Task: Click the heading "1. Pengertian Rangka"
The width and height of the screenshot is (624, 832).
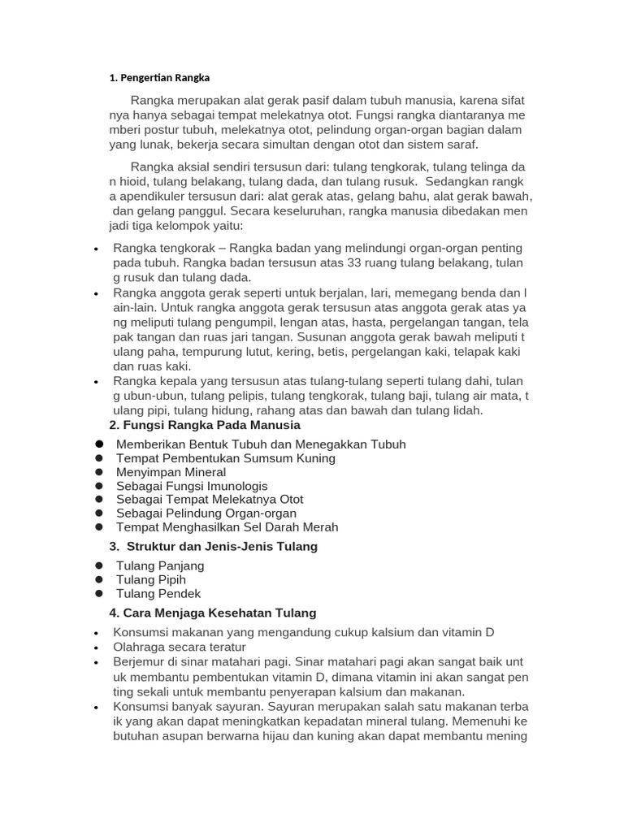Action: (x=159, y=78)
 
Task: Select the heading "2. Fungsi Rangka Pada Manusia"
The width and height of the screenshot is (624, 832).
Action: (x=205, y=425)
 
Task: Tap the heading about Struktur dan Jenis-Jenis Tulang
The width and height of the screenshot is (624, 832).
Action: (x=213, y=546)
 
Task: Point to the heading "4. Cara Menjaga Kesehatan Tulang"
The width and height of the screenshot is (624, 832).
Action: (x=212, y=613)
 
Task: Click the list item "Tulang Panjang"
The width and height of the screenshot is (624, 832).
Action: (x=160, y=565)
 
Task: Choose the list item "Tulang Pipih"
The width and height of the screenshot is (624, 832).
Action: (x=151, y=579)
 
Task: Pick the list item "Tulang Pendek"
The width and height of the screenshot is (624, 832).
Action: (x=158, y=593)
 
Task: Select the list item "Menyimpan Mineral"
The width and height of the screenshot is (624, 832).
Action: (x=171, y=472)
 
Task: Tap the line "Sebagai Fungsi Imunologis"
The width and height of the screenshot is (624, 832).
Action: (x=192, y=486)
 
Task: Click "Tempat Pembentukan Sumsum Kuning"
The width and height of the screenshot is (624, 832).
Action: (x=225, y=458)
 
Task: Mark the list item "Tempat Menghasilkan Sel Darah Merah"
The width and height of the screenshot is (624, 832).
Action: (x=227, y=526)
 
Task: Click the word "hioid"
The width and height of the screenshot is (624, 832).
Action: (x=135, y=182)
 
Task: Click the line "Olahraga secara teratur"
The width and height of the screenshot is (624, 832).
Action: (x=179, y=647)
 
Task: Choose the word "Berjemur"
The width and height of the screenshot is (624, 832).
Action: (x=140, y=662)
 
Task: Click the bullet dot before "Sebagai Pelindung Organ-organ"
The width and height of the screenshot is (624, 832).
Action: (x=98, y=513)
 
